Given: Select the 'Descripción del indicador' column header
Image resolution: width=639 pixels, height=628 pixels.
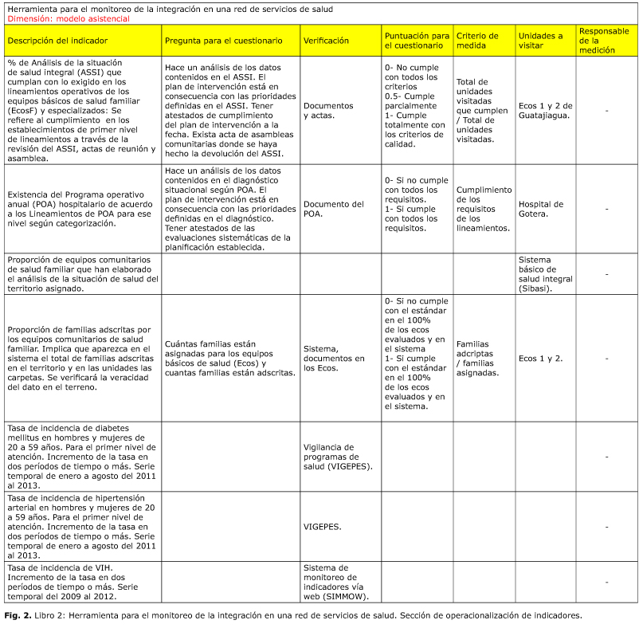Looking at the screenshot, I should (57, 40).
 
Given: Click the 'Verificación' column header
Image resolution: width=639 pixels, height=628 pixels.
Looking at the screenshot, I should (326, 40).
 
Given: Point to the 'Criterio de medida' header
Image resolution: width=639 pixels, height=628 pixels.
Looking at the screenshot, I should (478, 40).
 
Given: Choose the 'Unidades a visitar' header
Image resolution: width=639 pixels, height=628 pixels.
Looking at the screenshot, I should (540, 40).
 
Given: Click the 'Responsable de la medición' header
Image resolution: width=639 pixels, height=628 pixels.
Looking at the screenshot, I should (606, 40).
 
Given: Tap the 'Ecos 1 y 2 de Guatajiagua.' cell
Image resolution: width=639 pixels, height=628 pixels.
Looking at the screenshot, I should (545, 110).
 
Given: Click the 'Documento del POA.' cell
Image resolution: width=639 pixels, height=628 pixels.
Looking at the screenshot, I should (333, 209).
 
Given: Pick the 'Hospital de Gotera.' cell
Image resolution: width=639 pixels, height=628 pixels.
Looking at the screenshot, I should (540, 209).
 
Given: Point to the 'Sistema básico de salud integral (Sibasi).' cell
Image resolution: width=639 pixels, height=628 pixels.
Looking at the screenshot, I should (545, 273).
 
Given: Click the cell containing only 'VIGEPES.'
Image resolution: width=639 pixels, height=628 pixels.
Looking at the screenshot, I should (322, 527).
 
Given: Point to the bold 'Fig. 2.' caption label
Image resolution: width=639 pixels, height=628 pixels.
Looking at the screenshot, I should (18, 615).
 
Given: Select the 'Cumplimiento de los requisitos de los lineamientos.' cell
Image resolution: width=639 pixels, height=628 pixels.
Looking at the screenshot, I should (484, 209).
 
